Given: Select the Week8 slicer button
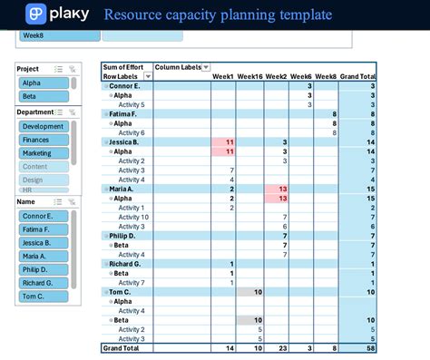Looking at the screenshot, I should (x=59, y=36).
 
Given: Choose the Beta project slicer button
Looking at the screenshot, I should (x=43, y=96).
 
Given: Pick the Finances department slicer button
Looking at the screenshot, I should (x=44, y=141).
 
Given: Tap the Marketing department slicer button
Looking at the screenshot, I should (x=44, y=153).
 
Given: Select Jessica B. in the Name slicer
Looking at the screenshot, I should (x=44, y=243).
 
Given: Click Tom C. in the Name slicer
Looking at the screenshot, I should (x=44, y=297).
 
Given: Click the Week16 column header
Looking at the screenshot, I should (x=249, y=77).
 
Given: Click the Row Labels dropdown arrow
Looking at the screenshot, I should (x=149, y=77).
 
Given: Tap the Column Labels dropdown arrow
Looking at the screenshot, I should (x=205, y=67).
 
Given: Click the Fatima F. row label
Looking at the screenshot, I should (x=125, y=114).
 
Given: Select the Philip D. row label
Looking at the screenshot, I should (x=125, y=236).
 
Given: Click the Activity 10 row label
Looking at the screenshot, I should (x=133, y=217).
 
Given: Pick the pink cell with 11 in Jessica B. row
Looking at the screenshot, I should (x=223, y=142).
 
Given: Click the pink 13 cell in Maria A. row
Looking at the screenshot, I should (x=276, y=189).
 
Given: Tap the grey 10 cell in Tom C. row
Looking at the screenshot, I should (x=249, y=292).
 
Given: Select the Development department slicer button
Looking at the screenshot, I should (x=44, y=127).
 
